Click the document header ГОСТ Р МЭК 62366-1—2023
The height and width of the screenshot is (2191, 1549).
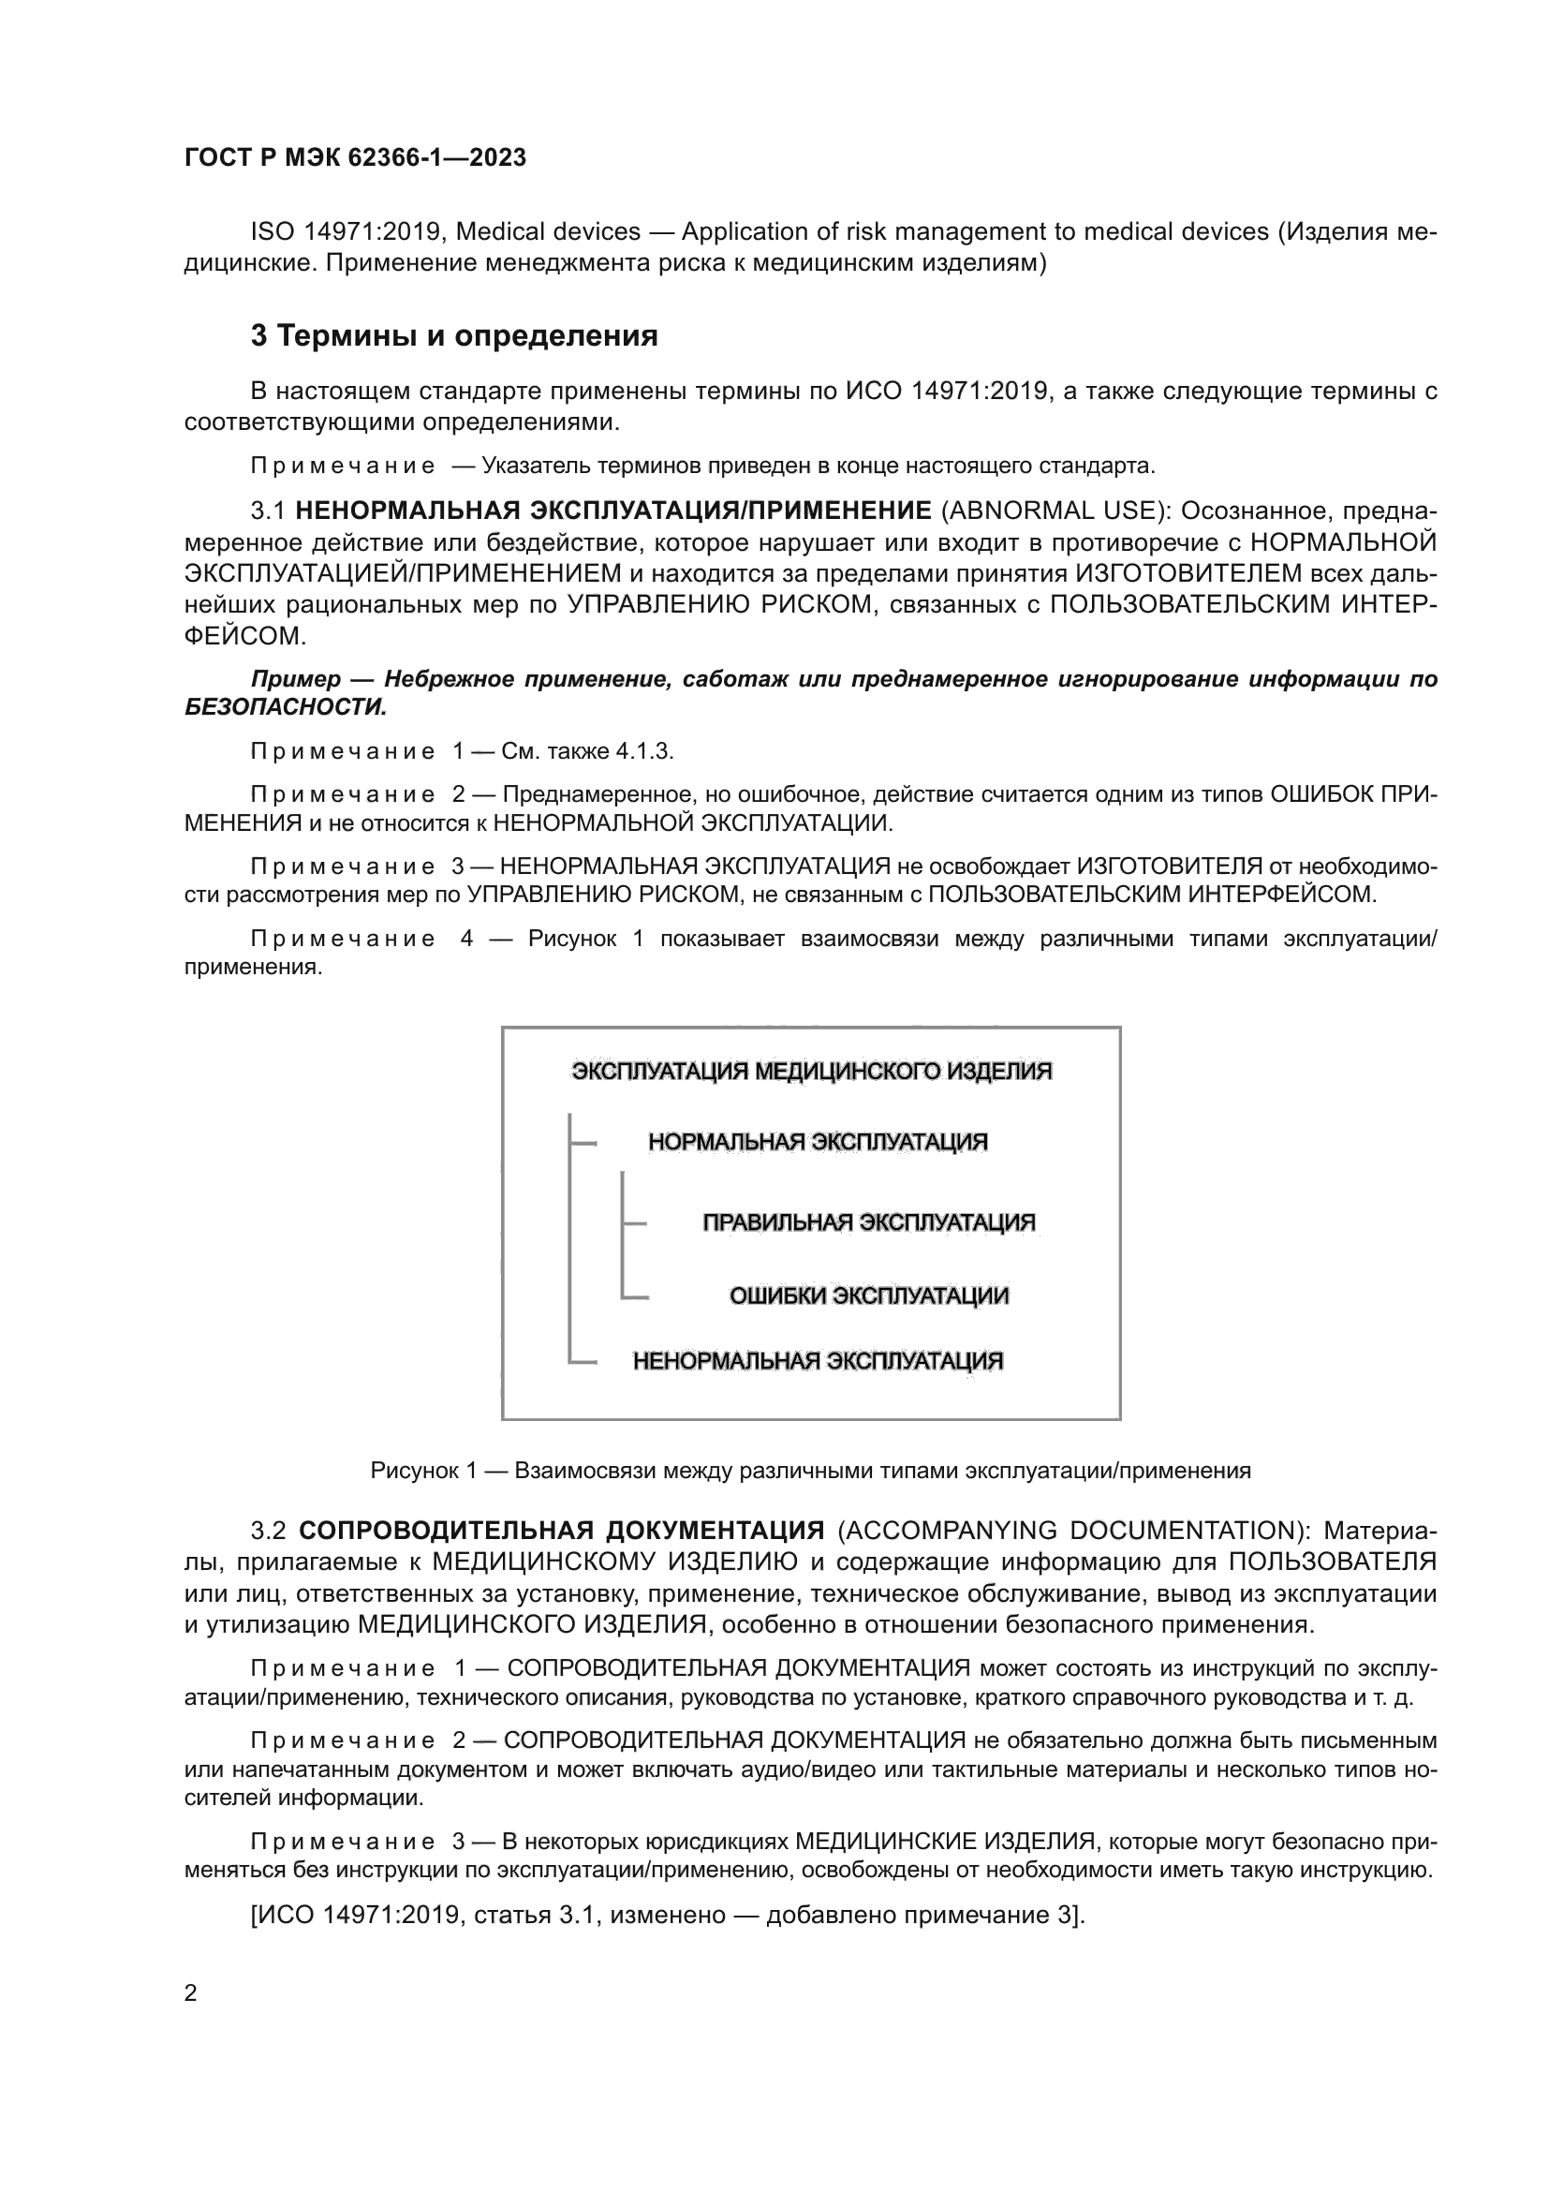[x=355, y=158]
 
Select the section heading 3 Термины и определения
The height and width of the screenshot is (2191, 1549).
[x=454, y=336]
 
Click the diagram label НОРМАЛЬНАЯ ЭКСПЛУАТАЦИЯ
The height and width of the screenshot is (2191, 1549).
[x=818, y=1142]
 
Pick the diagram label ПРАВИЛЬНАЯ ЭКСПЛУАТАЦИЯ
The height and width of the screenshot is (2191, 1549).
[x=868, y=1222]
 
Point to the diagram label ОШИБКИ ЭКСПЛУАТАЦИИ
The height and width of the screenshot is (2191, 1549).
[x=868, y=1295]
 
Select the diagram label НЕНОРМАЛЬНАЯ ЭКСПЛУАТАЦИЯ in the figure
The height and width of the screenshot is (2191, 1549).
[x=818, y=1361]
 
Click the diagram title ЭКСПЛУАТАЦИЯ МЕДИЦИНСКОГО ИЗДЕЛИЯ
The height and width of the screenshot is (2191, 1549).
[x=811, y=1072]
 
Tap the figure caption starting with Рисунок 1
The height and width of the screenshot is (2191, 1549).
[x=810, y=1471]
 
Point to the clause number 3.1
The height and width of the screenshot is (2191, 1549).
[x=268, y=511]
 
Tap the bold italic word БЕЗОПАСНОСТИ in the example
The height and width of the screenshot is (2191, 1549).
[x=285, y=707]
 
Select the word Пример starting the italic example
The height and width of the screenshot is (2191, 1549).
[x=295, y=679]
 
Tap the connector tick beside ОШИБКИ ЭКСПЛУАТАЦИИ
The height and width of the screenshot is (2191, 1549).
[x=635, y=1296]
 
